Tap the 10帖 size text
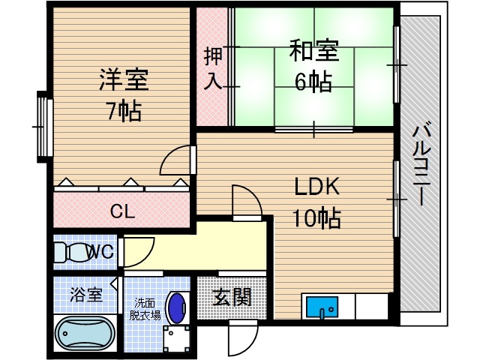(x=316, y=218)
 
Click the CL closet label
(x=121, y=212)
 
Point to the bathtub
(x=84, y=331)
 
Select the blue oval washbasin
(x=177, y=307)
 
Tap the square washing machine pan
(x=175, y=336)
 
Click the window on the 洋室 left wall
(x=41, y=126)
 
